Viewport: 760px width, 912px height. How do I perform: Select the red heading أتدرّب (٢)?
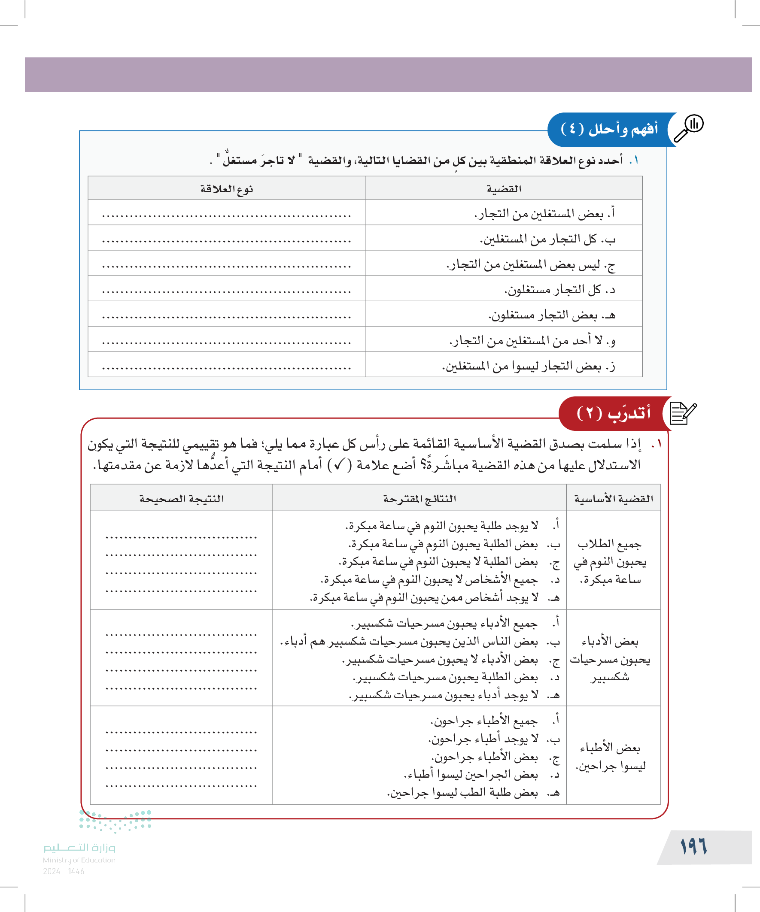pos(613,413)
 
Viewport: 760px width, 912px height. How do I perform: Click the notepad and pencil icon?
pos(682,413)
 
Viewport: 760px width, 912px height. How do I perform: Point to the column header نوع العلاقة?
pos(226,189)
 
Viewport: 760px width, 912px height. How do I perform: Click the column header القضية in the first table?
pos(504,189)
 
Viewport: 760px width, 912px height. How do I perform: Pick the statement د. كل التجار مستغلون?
pos(559,290)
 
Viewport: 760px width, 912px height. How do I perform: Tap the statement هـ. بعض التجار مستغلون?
pos(551,315)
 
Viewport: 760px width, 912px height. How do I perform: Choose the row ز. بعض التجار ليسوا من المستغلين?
pos(529,366)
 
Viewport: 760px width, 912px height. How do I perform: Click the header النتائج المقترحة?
pos(420,499)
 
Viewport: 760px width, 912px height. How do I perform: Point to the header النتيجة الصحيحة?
pos(181,499)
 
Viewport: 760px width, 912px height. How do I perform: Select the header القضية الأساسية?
pos(613,499)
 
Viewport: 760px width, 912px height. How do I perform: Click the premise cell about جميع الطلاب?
pos(610,561)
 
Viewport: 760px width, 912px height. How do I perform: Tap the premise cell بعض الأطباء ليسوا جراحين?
pos(610,756)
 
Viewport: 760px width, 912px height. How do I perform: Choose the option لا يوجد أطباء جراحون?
pos(483,739)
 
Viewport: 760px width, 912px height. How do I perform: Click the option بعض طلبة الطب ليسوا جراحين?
pos(462,793)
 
